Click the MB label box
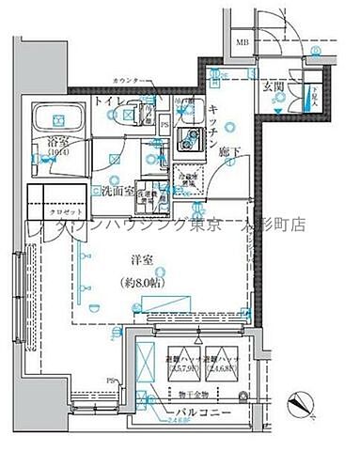(x=242, y=42)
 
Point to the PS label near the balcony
(x=113, y=380)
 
